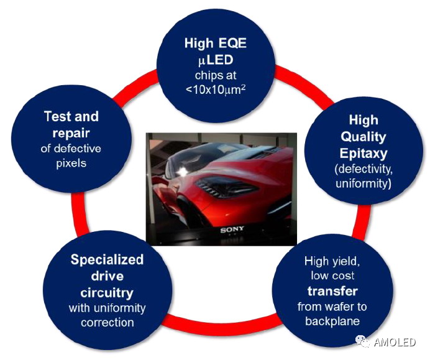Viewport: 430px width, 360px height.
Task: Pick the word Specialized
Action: pos(107,259)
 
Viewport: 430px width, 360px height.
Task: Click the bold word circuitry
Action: pos(107,291)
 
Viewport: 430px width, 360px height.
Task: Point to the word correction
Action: pos(107,322)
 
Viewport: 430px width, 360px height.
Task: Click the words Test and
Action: pos(72,116)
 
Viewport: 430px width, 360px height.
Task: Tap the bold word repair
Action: pos(72,132)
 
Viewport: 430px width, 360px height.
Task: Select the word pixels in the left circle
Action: pos(72,163)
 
